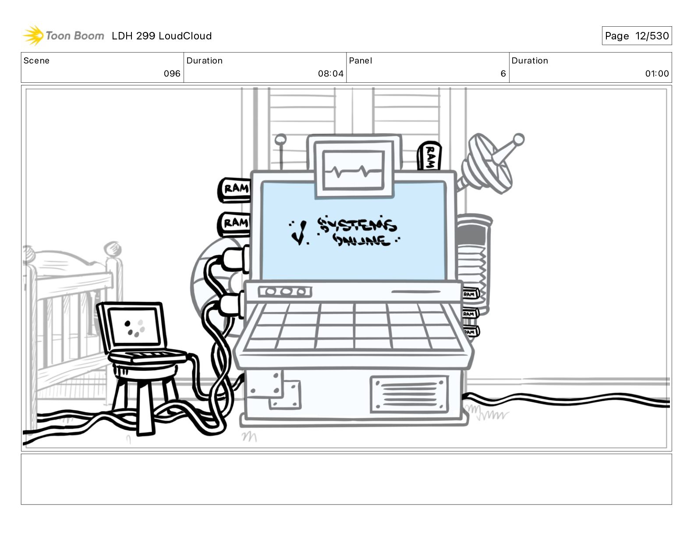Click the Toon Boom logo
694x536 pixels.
(63, 35)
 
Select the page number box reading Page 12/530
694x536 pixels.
(636, 36)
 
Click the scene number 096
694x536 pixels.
(172, 74)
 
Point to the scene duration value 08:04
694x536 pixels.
(330, 74)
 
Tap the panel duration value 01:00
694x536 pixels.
(656, 74)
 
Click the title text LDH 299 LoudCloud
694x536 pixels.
(162, 36)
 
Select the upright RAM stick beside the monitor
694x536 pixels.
(429, 155)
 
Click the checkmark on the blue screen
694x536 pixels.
(299, 233)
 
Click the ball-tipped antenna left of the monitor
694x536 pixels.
(280, 140)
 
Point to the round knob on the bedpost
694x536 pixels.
(113, 248)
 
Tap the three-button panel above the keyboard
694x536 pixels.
(284, 292)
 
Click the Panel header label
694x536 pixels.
(360, 61)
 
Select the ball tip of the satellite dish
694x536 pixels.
(518, 139)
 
